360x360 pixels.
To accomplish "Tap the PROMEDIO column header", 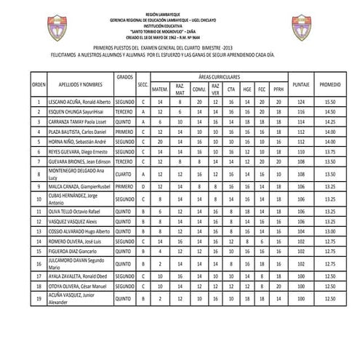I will click(x=329, y=85).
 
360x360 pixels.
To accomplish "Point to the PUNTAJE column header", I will click(x=300, y=85).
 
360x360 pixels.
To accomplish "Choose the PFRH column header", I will click(x=278, y=89).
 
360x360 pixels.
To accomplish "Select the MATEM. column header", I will click(x=160, y=89).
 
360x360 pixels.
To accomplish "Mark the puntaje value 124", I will click(x=300, y=103).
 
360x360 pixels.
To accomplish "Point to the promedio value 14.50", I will click(x=329, y=113).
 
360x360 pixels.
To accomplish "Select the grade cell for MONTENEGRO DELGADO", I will click(x=124, y=175).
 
